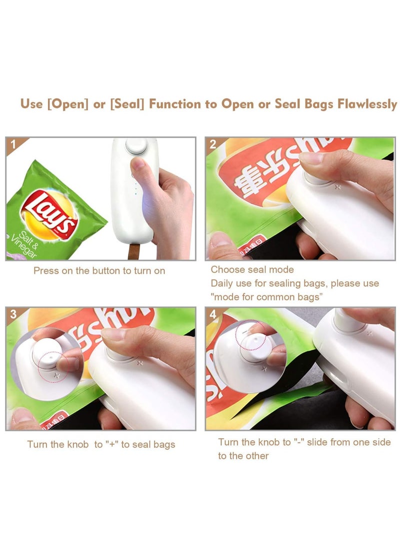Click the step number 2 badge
[213, 144]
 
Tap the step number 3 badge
[13, 314]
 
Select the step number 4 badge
[213, 314]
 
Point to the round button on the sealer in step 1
[136, 146]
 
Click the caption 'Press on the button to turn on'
[99, 271]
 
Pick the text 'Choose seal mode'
[252, 270]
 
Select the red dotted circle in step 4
[250, 335]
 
